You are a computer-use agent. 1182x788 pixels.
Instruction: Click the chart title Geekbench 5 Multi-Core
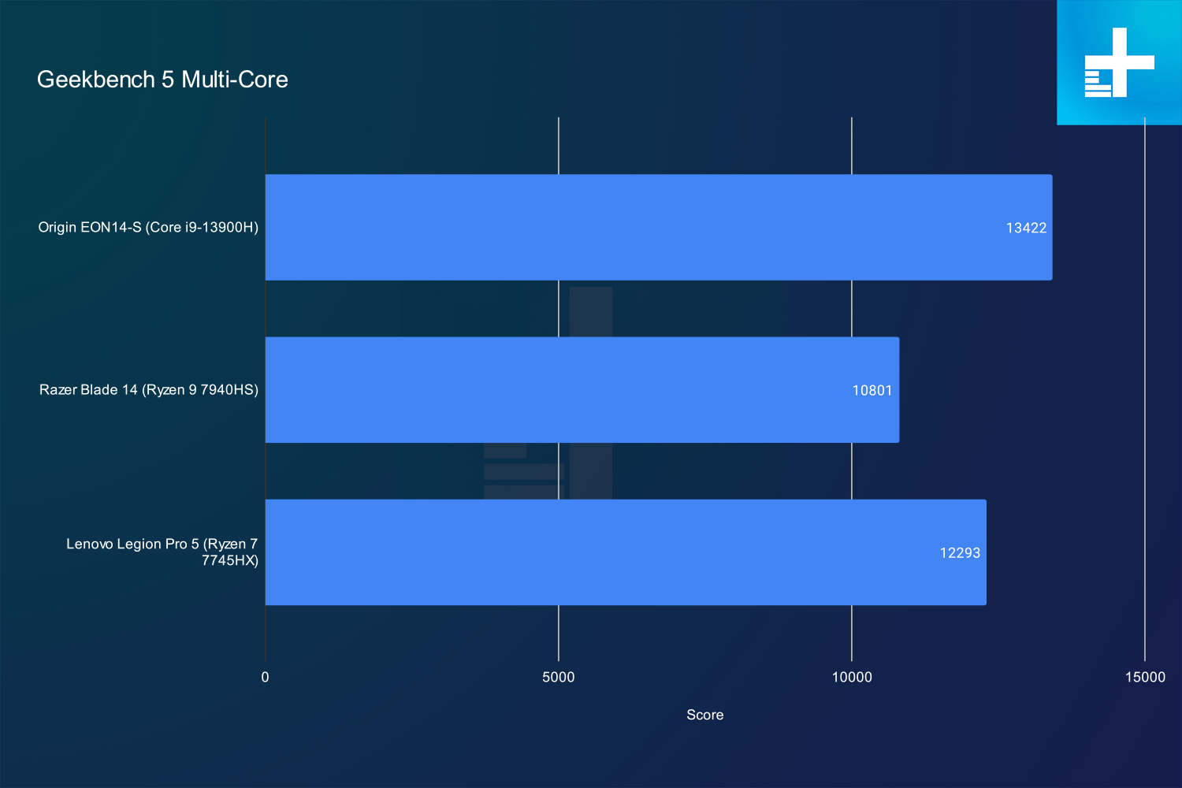[162, 80]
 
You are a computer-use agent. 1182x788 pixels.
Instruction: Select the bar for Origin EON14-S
[659, 227]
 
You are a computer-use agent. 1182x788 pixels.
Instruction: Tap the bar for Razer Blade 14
[582, 389]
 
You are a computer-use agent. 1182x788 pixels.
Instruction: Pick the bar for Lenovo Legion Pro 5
[626, 552]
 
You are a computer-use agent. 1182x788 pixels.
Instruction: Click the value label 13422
[1026, 228]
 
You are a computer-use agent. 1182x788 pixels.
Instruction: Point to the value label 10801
[872, 391]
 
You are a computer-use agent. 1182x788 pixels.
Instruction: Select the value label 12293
[960, 553]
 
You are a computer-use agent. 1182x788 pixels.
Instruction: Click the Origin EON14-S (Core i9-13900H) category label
[148, 228]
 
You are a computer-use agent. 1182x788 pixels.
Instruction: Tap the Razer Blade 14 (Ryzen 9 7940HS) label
[149, 390]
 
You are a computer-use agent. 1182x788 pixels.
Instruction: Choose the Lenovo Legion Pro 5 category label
[162, 552]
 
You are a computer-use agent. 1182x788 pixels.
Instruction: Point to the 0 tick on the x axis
[265, 677]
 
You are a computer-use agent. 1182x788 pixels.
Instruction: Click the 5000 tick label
[558, 677]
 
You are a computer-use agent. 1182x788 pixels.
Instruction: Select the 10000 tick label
[852, 677]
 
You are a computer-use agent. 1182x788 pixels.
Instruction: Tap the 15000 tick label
[1145, 677]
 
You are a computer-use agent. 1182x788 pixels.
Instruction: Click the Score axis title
[705, 715]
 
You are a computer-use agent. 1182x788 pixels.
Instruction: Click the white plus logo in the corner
[1119, 62]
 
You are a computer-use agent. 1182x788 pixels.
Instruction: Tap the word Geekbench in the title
[96, 80]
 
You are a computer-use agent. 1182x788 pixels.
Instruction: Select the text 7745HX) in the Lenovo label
[230, 560]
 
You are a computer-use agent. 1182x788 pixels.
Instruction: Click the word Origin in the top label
[58, 228]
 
